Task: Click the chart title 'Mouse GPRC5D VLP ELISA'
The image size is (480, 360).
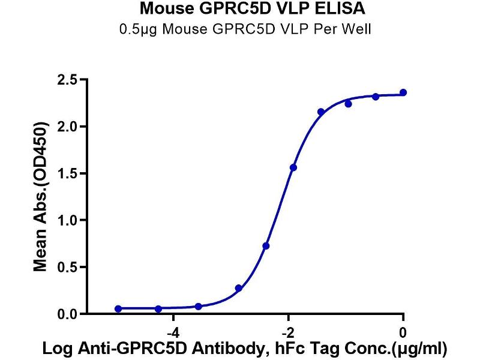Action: (244, 9)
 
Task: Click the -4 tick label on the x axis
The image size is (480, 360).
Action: (172, 332)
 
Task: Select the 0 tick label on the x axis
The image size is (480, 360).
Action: (403, 332)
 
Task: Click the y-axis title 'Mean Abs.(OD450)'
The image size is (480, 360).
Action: (40, 197)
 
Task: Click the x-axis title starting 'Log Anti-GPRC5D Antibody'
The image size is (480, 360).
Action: (244, 349)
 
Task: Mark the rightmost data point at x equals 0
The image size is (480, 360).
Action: (403, 92)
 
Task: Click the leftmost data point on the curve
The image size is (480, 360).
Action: (118, 308)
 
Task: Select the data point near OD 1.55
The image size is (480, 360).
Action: (293, 167)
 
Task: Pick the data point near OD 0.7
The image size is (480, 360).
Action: (266, 245)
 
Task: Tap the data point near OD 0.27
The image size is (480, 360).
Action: (239, 288)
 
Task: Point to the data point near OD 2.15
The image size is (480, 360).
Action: (321, 112)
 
